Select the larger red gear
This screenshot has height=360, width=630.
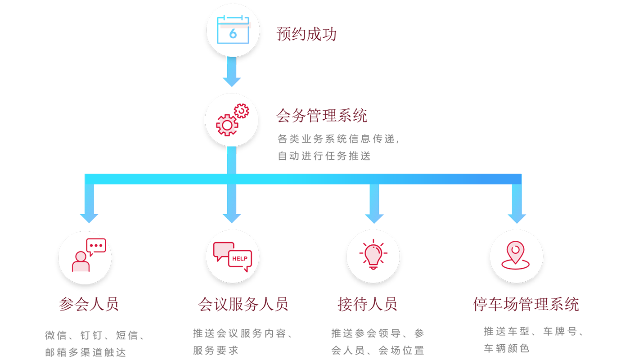click(227, 125)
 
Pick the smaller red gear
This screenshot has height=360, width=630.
click(242, 111)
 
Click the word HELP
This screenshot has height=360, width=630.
click(240, 259)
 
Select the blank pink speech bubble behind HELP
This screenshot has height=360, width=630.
click(222, 251)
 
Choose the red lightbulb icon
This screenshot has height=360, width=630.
click(373, 256)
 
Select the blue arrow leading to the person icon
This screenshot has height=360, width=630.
click(85, 207)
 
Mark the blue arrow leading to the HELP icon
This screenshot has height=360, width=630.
click(233, 207)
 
